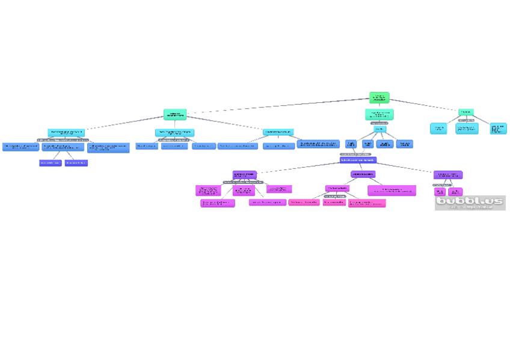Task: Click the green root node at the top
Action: (379, 97)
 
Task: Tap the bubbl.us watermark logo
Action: (470, 203)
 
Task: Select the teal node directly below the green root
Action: (379, 114)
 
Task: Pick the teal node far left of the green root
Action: (175, 114)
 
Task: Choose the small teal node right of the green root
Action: (465, 112)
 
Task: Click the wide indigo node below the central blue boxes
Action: (358, 160)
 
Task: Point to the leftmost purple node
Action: (244, 175)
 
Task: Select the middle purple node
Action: (363, 174)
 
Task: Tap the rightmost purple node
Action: (447, 175)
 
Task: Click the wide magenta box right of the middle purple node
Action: (392, 190)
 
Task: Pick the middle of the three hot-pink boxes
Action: (334, 203)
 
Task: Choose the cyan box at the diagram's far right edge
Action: (498, 128)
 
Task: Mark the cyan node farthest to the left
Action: (66, 132)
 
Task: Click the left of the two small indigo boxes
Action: (50, 162)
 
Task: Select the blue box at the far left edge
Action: (20, 147)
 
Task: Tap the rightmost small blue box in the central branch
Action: (404, 144)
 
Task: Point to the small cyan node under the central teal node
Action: (379, 129)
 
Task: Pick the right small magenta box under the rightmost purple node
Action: (455, 191)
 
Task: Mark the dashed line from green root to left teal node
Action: (277, 106)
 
